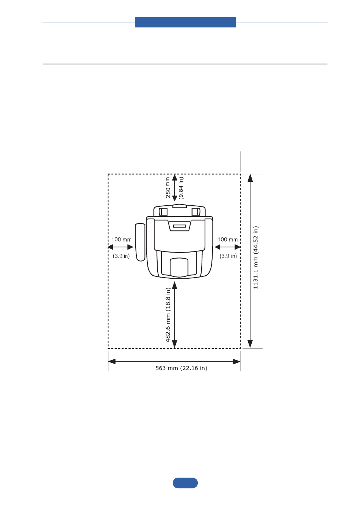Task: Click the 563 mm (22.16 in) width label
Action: point(181,368)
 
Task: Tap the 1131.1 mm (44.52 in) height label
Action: point(255,257)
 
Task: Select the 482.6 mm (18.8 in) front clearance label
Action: point(168,315)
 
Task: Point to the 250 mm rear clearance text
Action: point(168,187)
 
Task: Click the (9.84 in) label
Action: point(181,188)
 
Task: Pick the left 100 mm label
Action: point(122,240)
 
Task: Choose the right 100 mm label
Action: point(227,240)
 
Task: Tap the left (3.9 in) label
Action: point(121,256)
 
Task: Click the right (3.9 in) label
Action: point(228,256)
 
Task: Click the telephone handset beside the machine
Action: point(140,242)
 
